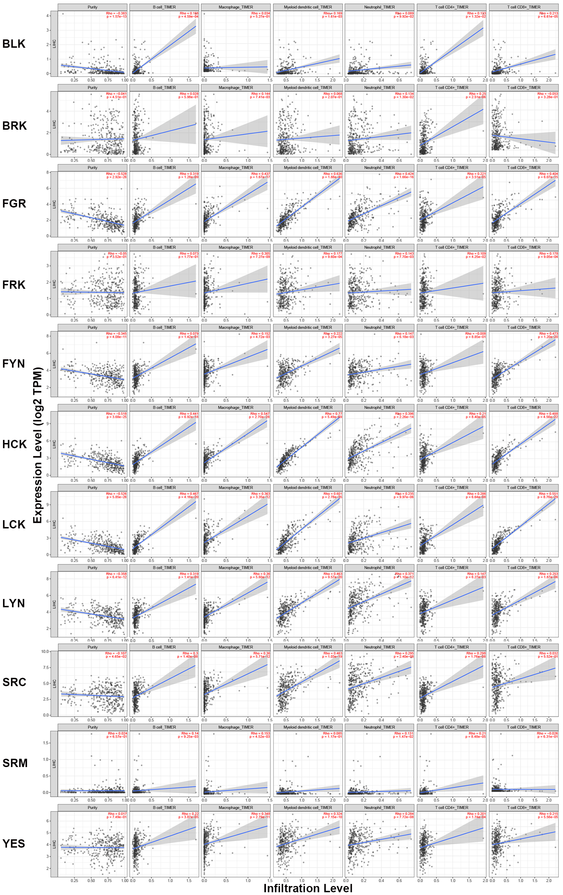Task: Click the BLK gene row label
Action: click(14, 44)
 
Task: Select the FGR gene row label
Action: click(14, 204)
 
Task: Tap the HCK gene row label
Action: click(15, 444)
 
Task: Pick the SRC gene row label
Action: click(14, 682)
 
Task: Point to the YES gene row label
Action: click(14, 843)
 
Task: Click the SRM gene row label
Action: click(15, 763)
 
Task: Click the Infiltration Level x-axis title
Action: click(308, 888)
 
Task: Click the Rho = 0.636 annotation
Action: click(333, 174)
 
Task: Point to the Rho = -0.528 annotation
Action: click(116, 174)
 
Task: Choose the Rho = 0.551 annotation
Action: click(548, 494)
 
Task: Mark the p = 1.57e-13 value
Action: click(116, 16)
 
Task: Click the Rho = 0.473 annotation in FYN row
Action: click(548, 334)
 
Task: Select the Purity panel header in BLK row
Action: click(93, 7)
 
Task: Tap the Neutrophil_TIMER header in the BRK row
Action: click(379, 88)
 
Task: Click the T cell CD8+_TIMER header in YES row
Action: click(524, 808)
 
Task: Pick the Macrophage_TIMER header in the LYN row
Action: click(236, 568)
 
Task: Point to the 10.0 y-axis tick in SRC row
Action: click(45, 652)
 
